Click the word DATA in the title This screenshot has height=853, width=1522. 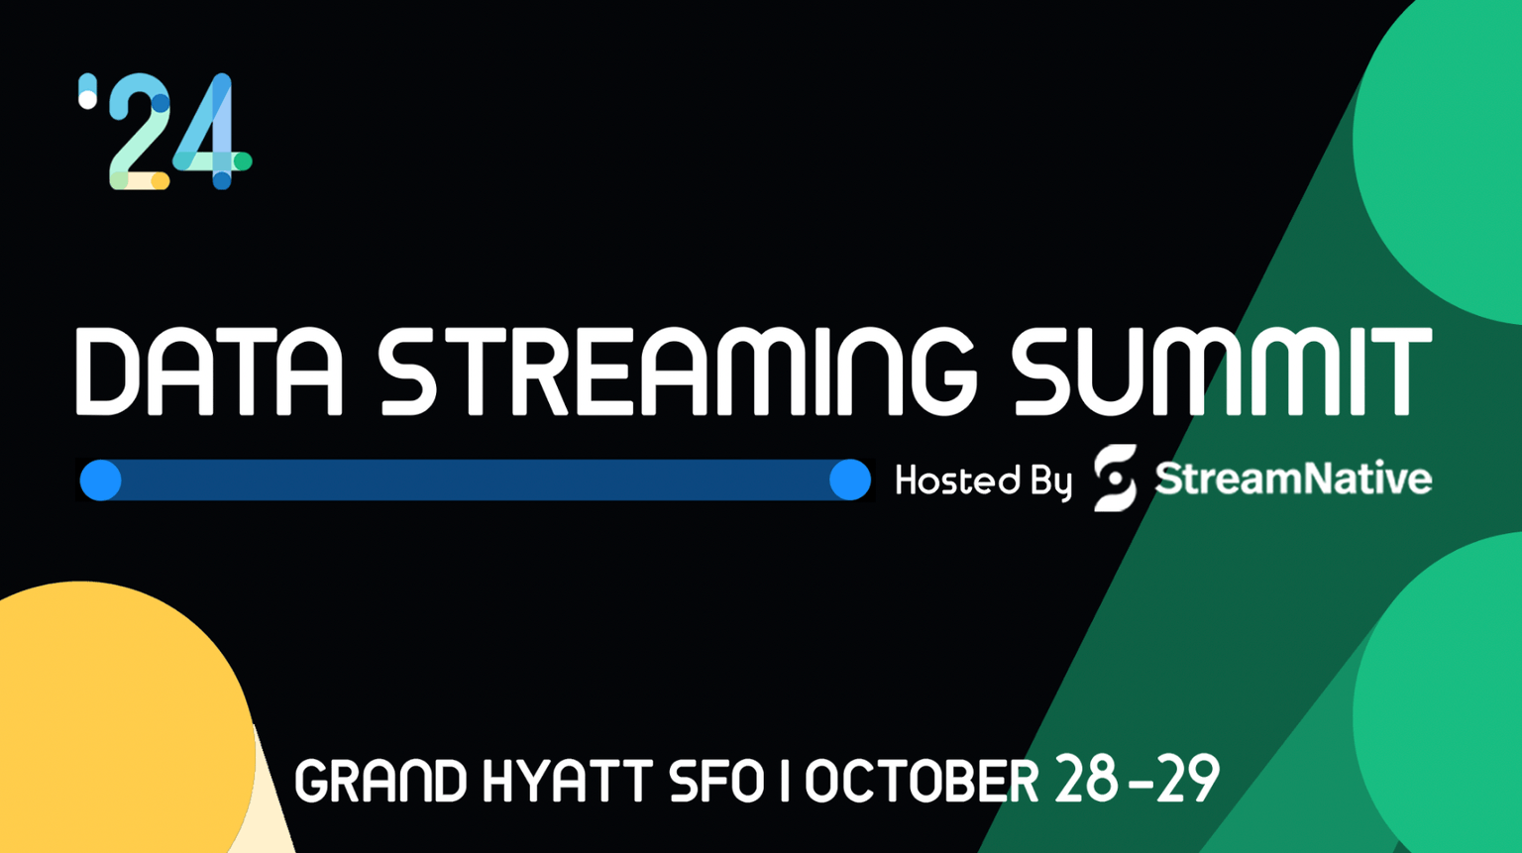pyautogui.click(x=209, y=371)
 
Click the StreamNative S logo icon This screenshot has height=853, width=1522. pyautogui.click(x=1115, y=479)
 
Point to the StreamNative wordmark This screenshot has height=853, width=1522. pyautogui.click(x=1293, y=479)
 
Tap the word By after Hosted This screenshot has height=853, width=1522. pyautogui.click(x=1051, y=482)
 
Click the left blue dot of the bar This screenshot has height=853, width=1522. pyautogui.click(x=101, y=480)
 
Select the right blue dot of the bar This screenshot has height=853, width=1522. pyautogui.click(x=849, y=480)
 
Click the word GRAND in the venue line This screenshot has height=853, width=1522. pyautogui.click(x=380, y=782)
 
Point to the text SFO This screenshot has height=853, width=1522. pyautogui.click(x=715, y=782)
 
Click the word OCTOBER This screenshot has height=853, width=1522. pyautogui.click(x=922, y=782)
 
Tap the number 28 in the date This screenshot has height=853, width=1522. pyautogui.click(x=1088, y=780)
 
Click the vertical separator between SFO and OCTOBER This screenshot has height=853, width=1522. pyautogui.click(x=785, y=782)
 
